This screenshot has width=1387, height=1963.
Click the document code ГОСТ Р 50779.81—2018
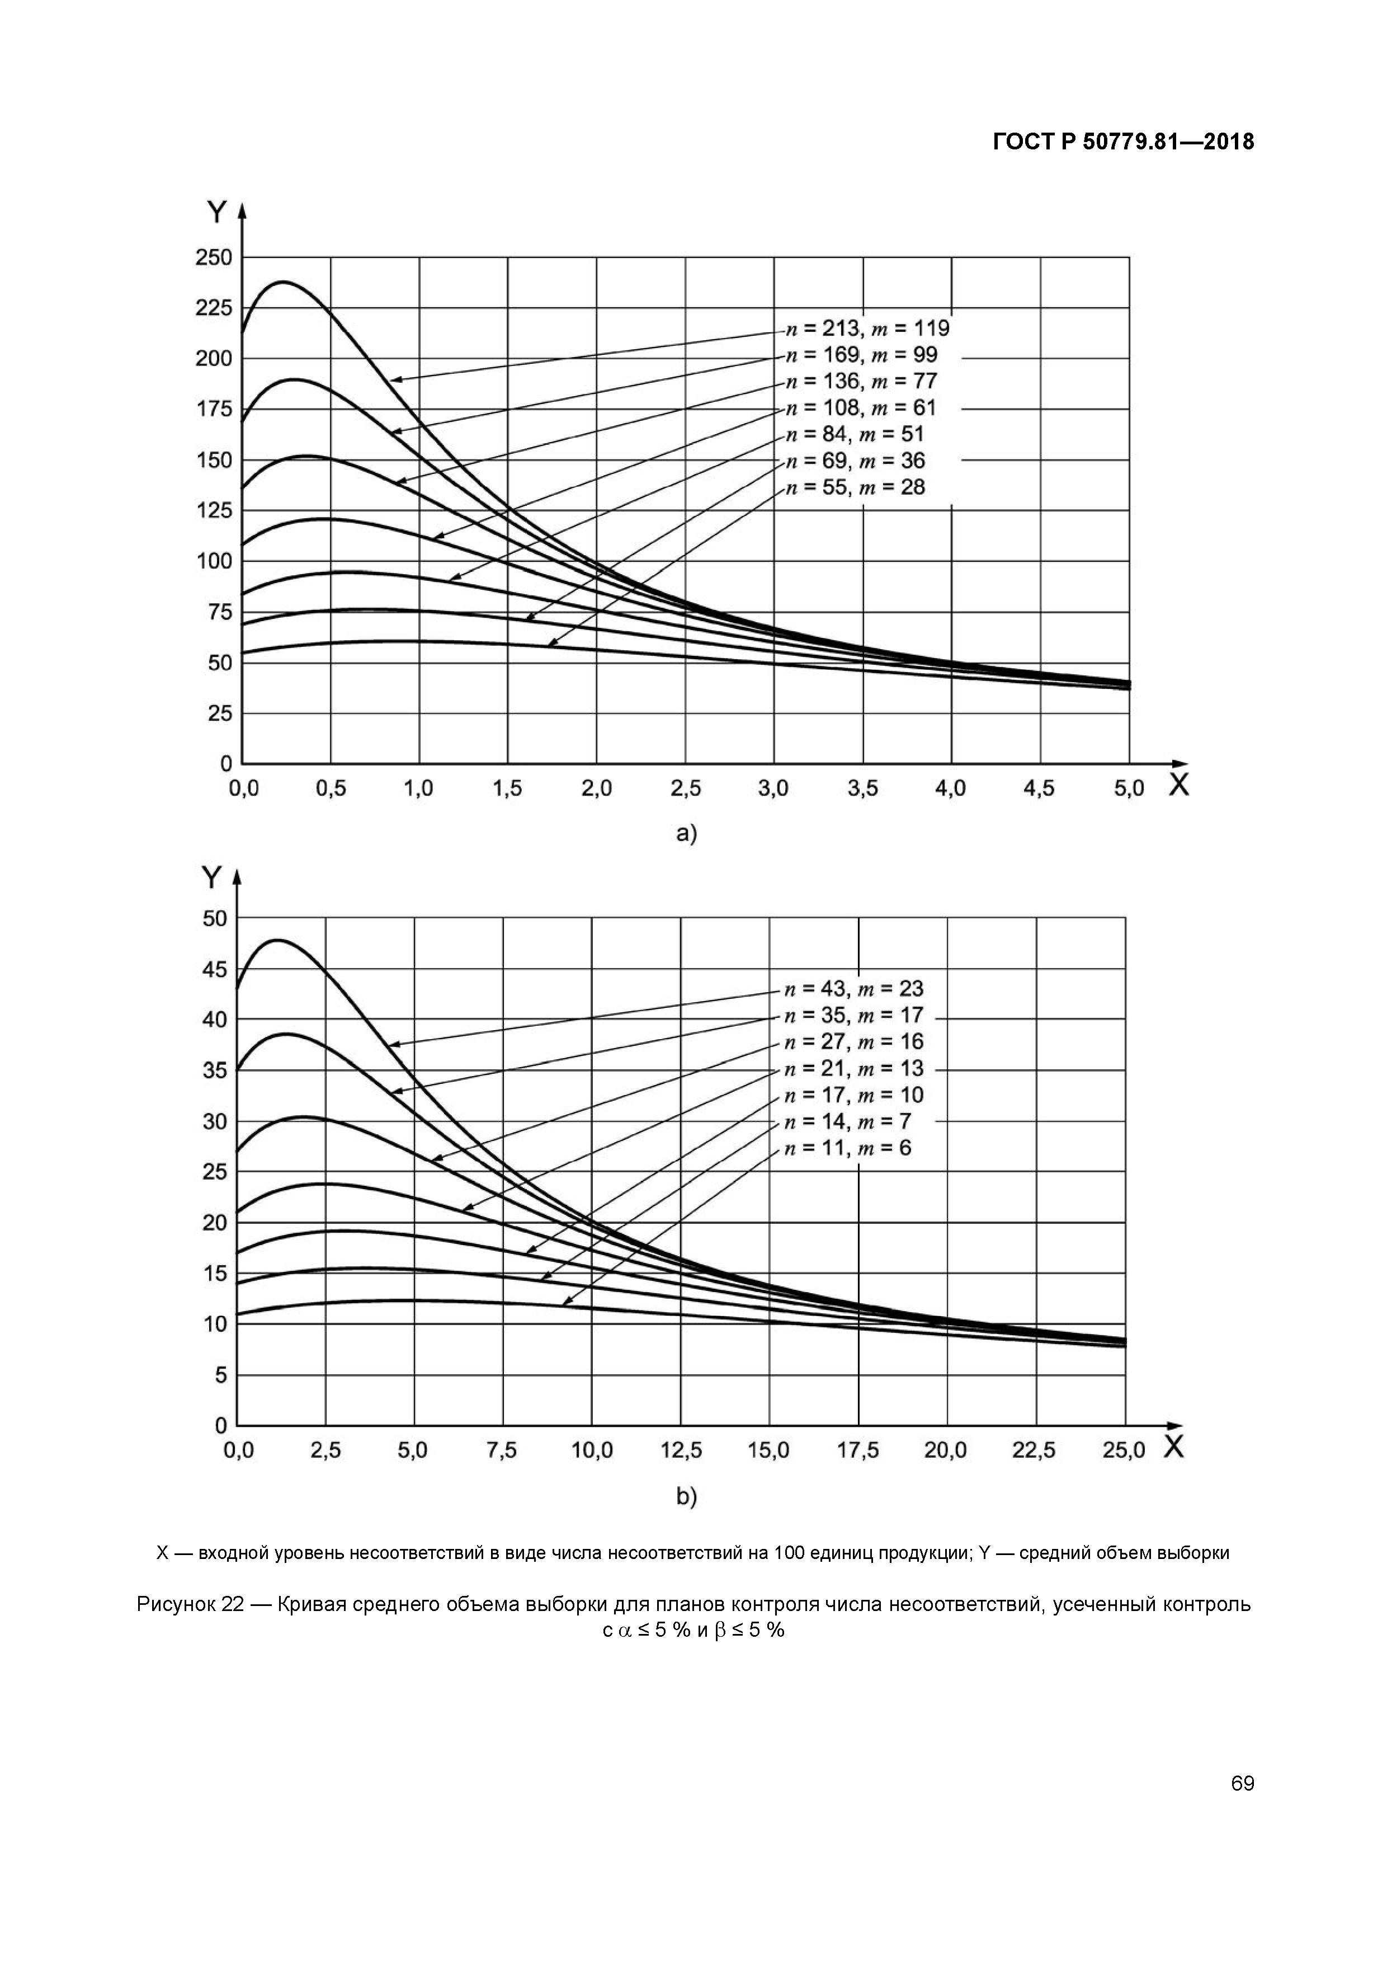[1123, 142]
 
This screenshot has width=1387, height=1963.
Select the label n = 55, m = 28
[855, 487]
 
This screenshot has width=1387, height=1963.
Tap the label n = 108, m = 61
[861, 408]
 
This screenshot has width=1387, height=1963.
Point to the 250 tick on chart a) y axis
[214, 257]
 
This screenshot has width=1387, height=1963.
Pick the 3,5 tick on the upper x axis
[863, 788]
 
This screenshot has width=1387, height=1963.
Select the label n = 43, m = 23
[854, 989]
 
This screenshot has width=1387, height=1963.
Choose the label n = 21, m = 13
[854, 1069]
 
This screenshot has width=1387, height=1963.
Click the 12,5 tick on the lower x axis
[681, 1451]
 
